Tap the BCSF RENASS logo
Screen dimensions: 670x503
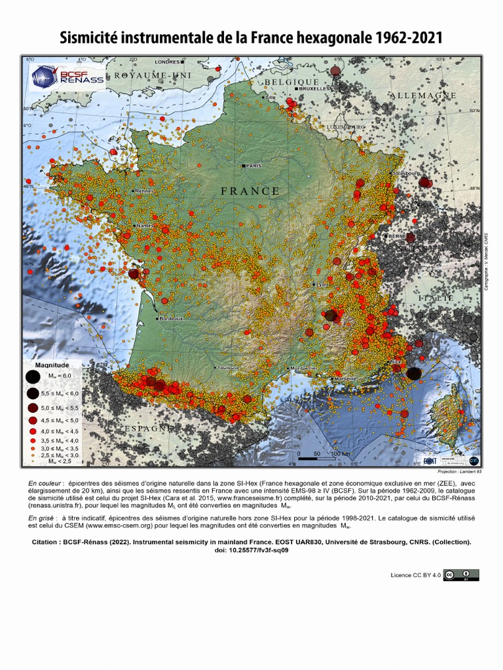click(68, 77)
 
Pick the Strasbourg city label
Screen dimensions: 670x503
click(405, 173)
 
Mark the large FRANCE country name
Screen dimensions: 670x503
click(250, 191)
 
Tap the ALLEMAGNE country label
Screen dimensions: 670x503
click(422, 96)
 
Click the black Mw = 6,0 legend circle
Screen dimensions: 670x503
click(31, 376)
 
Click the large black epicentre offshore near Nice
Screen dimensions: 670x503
click(414, 374)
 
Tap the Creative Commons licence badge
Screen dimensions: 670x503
click(461, 575)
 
